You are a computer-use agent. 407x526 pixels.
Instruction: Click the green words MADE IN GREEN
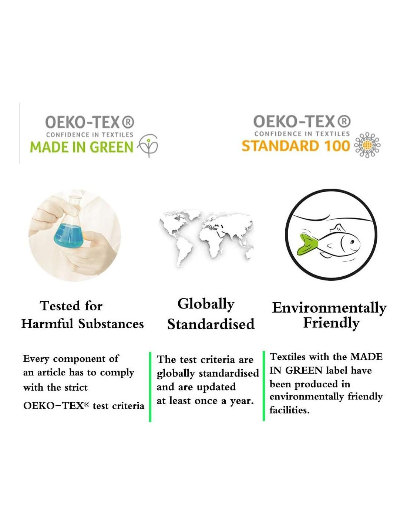click(81, 147)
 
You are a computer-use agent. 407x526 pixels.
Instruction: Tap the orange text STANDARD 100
click(296, 146)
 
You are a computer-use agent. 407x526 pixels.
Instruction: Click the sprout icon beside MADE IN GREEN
click(147, 146)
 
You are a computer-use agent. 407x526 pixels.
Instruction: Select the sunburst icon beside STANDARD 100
click(367, 145)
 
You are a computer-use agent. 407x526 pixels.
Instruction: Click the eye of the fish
click(352, 241)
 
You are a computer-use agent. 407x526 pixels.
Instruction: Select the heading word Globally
click(206, 304)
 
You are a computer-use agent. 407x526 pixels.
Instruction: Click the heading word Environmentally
click(329, 308)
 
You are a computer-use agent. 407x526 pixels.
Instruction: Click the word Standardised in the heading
click(211, 324)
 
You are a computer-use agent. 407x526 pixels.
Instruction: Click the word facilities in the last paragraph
click(290, 410)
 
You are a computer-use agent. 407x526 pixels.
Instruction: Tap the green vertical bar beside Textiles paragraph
click(264, 386)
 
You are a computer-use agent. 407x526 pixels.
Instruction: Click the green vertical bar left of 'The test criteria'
click(150, 387)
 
